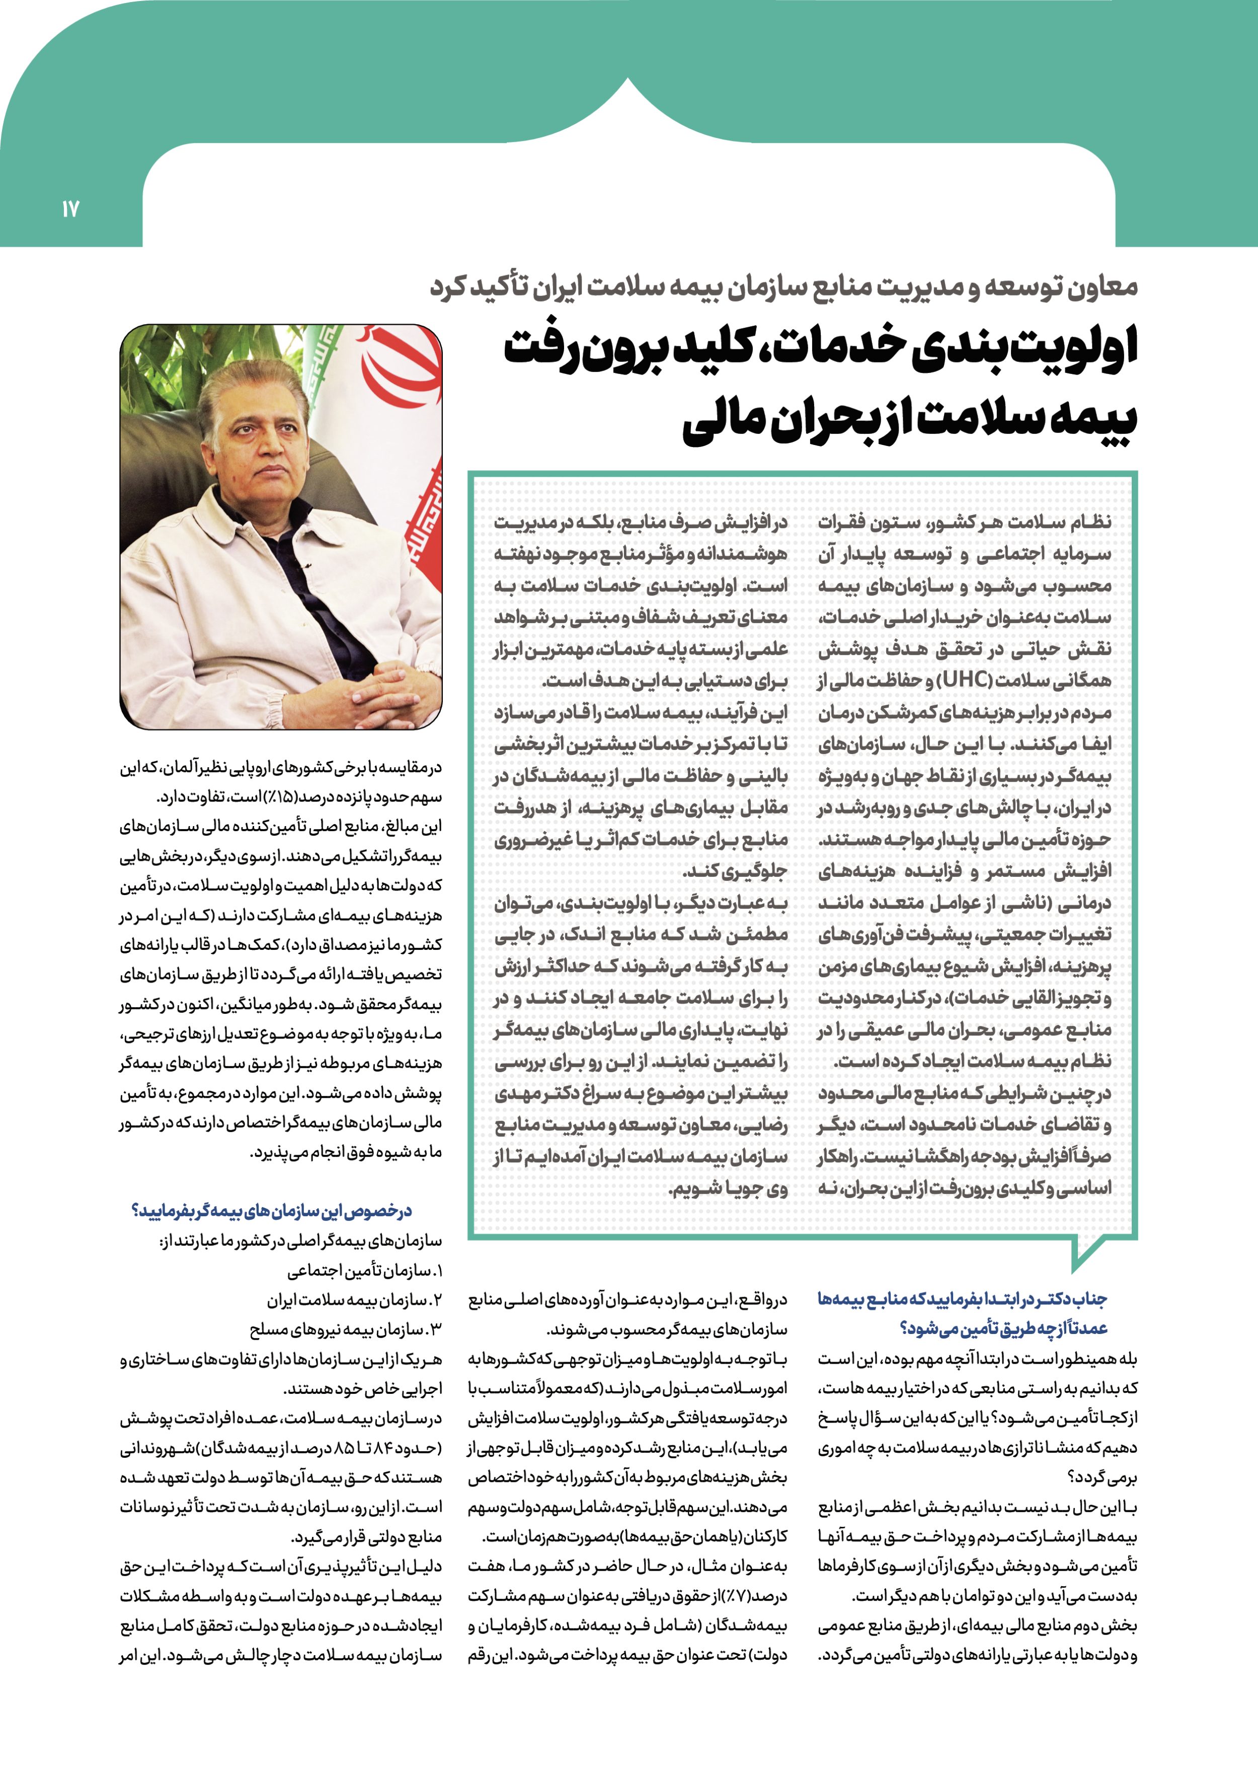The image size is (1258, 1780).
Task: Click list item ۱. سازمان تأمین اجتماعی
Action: tap(364, 1271)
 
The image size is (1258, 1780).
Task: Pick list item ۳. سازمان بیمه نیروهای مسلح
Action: tap(346, 1329)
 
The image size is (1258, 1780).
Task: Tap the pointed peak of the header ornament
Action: tap(628, 84)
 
